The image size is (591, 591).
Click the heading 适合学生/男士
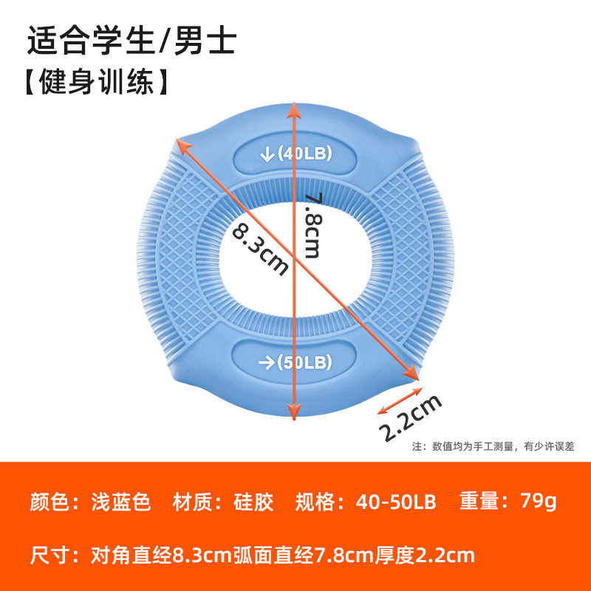(131, 41)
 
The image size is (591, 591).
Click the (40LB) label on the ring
(305, 154)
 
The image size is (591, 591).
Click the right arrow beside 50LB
(265, 362)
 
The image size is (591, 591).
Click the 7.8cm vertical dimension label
(312, 225)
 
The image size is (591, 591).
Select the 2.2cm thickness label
(411, 417)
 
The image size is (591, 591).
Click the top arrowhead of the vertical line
(295, 109)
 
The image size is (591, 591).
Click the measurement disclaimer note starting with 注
(492, 445)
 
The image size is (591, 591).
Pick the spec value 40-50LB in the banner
(396, 502)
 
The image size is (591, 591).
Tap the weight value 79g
(538, 502)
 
